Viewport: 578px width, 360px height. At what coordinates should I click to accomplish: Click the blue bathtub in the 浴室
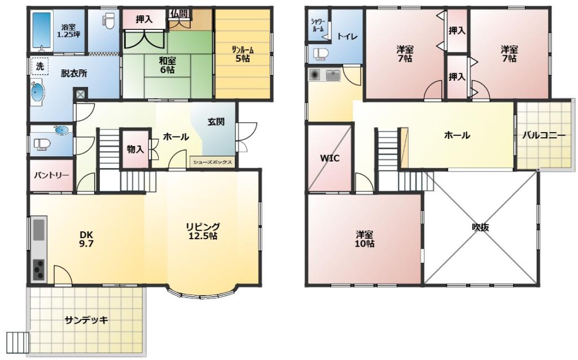click(42, 30)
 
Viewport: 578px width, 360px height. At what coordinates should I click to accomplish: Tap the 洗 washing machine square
click(40, 67)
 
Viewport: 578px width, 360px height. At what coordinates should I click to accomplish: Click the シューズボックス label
click(213, 162)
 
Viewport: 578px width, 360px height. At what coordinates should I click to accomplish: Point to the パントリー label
click(51, 175)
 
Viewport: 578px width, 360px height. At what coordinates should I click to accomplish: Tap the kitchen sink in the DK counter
click(39, 230)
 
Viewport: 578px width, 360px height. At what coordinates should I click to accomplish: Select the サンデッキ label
click(86, 320)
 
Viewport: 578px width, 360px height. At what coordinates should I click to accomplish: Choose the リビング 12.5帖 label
click(203, 231)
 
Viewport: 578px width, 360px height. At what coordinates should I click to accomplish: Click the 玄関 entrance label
click(216, 121)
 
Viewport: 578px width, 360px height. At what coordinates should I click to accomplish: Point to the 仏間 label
click(179, 14)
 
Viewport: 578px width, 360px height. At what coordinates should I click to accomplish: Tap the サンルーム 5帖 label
click(243, 54)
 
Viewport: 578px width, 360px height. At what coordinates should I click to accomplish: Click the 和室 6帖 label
click(167, 65)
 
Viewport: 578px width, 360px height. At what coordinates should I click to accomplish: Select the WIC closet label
click(330, 159)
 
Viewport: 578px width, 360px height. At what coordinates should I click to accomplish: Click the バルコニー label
click(544, 135)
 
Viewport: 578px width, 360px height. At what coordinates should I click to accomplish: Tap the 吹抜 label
click(481, 227)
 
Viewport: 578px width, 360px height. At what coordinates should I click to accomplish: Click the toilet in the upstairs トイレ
click(321, 54)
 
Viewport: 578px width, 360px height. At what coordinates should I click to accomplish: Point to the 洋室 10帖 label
click(365, 239)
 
